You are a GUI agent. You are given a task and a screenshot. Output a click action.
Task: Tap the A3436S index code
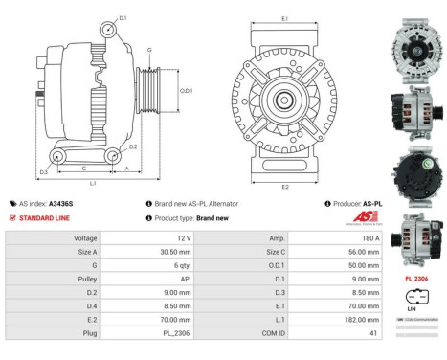click(x=87, y=204)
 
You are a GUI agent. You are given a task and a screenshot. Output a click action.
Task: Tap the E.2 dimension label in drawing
click(x=285, y=187)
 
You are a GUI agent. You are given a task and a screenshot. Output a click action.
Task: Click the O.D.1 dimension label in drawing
click(x=187, y=91)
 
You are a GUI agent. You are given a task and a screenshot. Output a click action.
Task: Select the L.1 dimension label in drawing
click(x=92, y=182)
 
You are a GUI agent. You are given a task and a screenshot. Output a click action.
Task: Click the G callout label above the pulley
click(x=148, y=48)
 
